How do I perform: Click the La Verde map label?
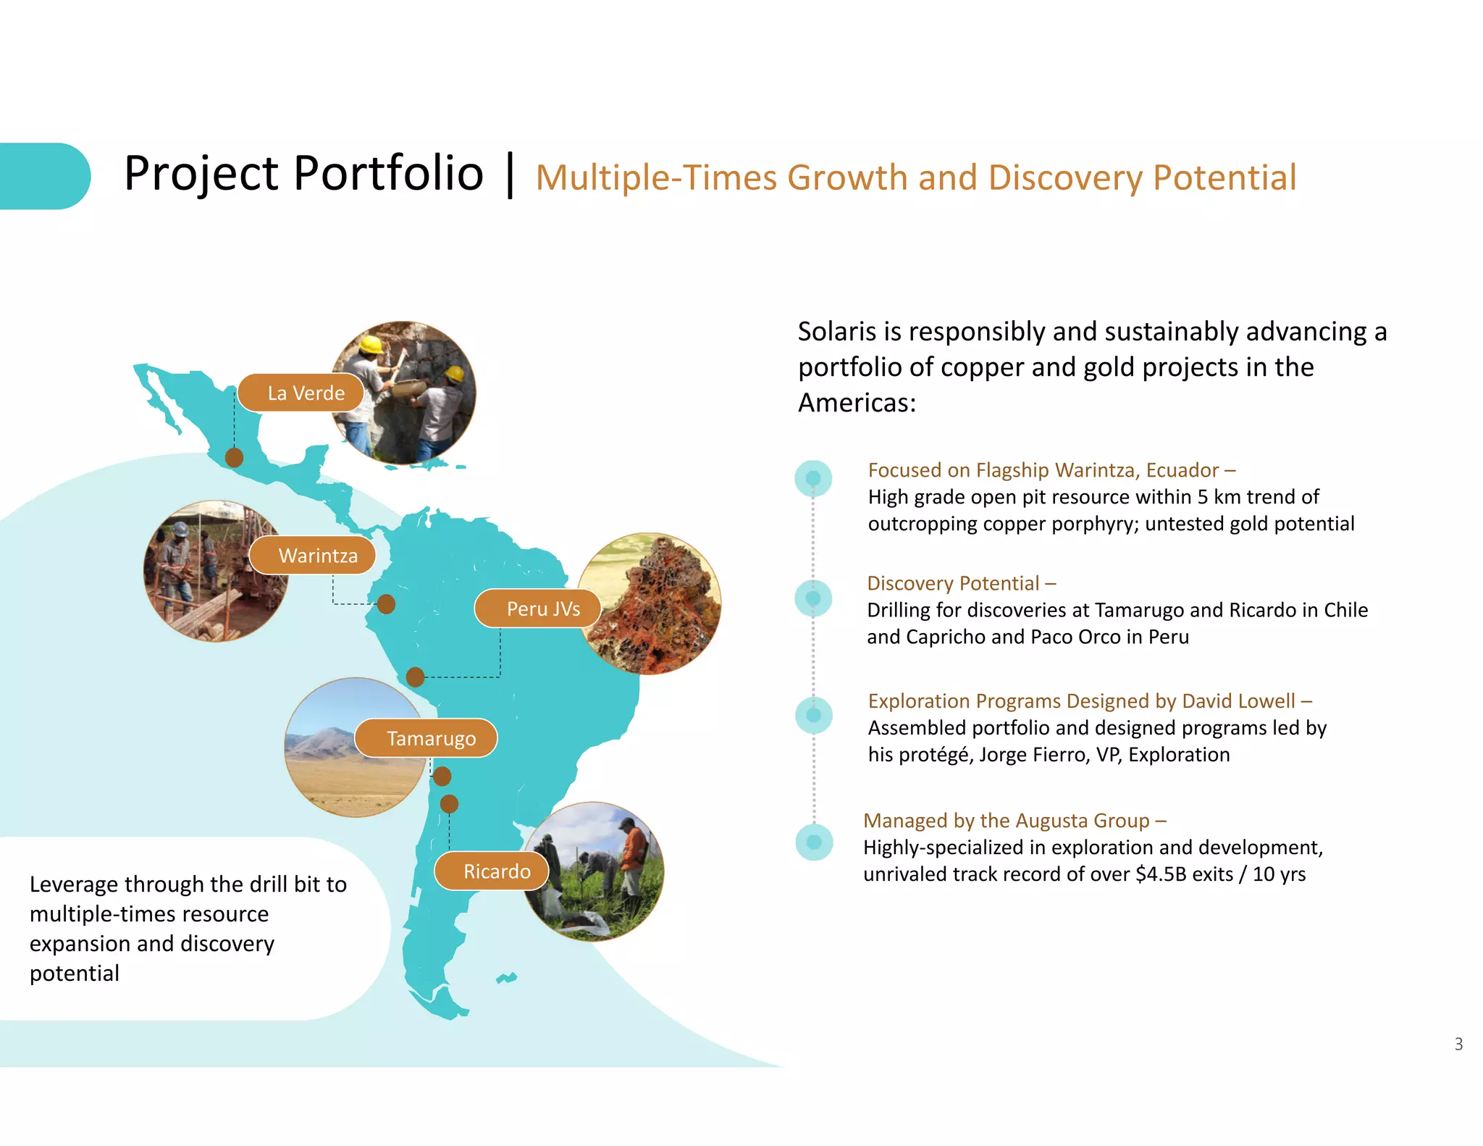[x=301, y=393]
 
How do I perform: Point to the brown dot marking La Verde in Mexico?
[x=234, y=457]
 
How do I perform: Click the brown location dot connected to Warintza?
[x=386, y=603]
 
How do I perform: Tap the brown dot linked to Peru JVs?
[x=415, y=677]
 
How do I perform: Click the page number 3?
[x=1458, y=1044]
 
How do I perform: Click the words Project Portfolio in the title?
[x=303, y=174]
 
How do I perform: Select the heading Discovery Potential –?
[x=961, y=583]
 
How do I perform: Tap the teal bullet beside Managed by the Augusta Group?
[x=814, y=842]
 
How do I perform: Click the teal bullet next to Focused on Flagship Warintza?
[x=813, y=478]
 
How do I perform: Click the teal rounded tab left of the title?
[x=43, y=176]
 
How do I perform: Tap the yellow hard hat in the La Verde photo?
[x=371, y=344]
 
